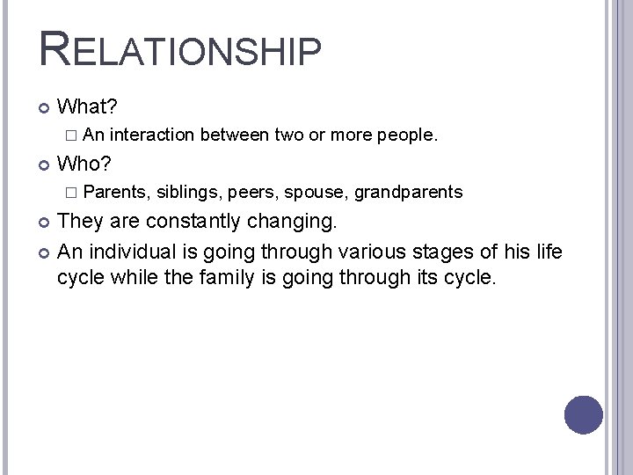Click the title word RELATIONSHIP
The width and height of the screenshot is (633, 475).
180,49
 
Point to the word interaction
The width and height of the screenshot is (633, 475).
154,135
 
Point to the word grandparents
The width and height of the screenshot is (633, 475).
409,192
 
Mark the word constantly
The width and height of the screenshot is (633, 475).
193,220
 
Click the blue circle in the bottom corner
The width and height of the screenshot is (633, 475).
583,414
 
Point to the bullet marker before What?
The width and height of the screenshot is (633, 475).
45,108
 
